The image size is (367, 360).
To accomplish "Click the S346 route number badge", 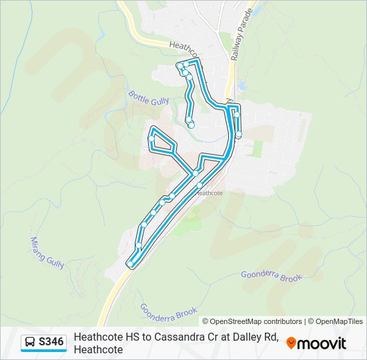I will click(51, 343).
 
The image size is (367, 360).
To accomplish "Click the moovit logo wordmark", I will click(322, 343).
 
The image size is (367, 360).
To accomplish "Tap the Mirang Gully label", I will click(47, 253).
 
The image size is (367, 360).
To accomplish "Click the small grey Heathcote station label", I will click(209, 193).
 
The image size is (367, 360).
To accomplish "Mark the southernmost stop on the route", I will click(130, 265).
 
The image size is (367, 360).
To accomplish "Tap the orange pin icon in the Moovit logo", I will click(291, 343).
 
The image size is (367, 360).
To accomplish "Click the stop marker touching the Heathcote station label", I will click(199, 185).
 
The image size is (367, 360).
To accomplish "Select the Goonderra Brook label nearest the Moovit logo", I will click(272, 275).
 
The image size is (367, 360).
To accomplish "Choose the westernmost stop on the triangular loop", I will click(151, 139).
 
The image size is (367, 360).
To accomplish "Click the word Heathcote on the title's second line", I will click(98, 350).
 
